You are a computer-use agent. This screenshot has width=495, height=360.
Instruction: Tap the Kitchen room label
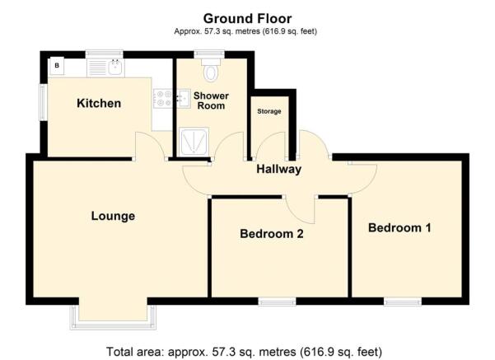[99, 104]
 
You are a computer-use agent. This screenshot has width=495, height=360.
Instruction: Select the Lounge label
[113, 217]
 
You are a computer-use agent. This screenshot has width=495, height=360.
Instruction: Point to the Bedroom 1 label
[399, 227]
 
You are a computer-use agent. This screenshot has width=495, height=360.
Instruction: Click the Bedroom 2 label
[272, 234]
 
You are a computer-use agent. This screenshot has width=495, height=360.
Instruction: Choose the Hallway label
[278, 170]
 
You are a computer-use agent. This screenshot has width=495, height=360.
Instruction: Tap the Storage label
[269, 111]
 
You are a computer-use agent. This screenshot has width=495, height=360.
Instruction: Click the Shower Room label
[211, 101]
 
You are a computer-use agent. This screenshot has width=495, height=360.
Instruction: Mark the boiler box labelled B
[58, 64]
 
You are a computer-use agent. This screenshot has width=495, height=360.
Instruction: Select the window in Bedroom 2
[277, 302]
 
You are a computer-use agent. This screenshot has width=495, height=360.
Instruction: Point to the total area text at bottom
[245, 351]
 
